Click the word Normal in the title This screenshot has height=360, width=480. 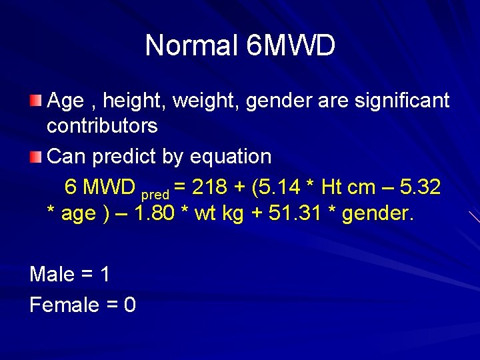(x=191, y=46)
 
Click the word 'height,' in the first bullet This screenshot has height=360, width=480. (x=139, y=101)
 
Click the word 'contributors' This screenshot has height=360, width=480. (x=102, y=125)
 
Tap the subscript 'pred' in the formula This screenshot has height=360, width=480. (x=155, y=195)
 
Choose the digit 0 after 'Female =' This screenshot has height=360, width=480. (x=130, y=305)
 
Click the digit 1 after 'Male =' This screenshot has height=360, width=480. (x=105, y=274)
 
